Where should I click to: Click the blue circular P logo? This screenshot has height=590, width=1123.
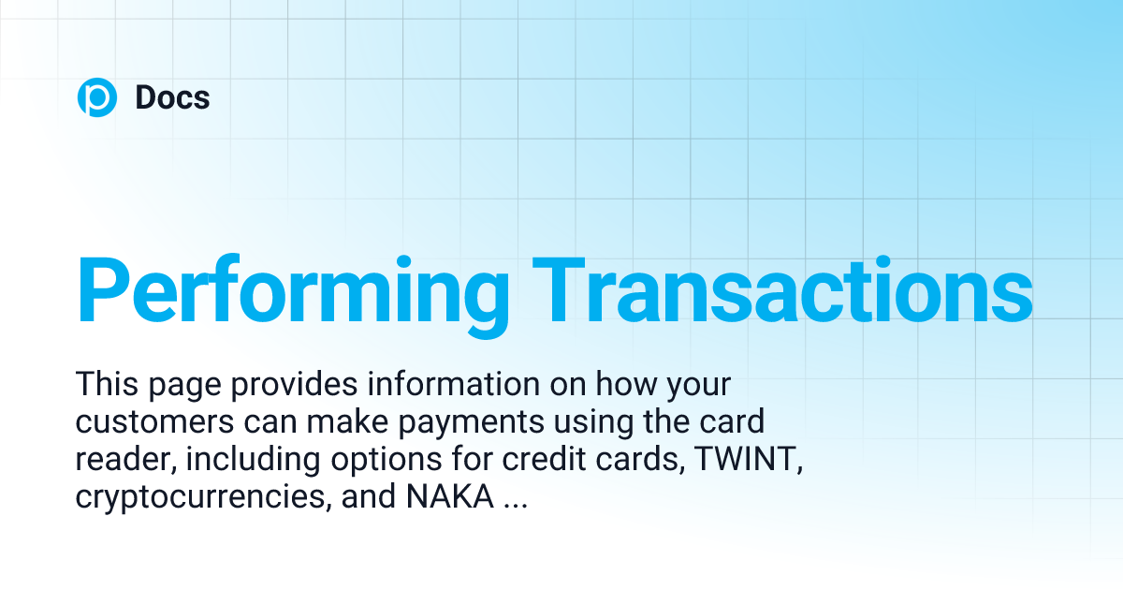click(x=96, y=97)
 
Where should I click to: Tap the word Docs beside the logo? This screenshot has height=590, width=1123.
click(x=172, y=97)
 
